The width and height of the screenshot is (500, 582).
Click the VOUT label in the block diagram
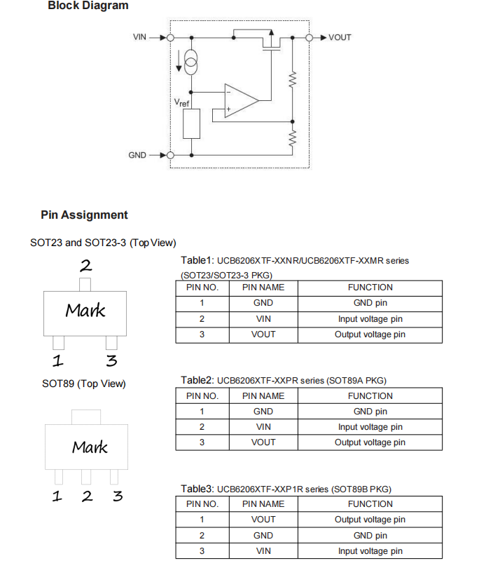point(340,37)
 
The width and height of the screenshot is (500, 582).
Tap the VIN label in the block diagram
point(139,37)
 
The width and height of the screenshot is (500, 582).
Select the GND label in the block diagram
point(137,155)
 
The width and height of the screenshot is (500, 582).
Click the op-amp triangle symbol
point(242,100)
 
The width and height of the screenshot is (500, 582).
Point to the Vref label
point(181,102)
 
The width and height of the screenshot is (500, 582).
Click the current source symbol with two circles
point(191,62)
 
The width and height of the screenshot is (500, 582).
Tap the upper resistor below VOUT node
point(293,79)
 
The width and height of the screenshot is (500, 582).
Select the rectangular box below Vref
point(192,123)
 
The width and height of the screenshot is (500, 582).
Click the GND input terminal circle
point(170,155)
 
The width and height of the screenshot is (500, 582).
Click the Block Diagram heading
point(88,5)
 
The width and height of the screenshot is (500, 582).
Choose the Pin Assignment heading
point(84,215)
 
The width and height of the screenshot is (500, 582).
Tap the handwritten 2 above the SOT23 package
point(85,265)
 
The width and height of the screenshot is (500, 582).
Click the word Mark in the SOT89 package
point(90,447)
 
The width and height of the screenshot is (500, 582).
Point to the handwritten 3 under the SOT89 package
point(118,496)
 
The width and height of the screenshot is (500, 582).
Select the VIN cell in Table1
point(263,319)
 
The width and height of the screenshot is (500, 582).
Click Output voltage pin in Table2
point(370,442)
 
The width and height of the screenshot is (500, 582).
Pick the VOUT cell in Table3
point(263,520)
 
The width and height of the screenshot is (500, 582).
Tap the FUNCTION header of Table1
point(370,287)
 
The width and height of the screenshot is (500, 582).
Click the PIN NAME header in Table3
point(263,504)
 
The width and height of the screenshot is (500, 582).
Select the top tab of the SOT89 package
point(86,417)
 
